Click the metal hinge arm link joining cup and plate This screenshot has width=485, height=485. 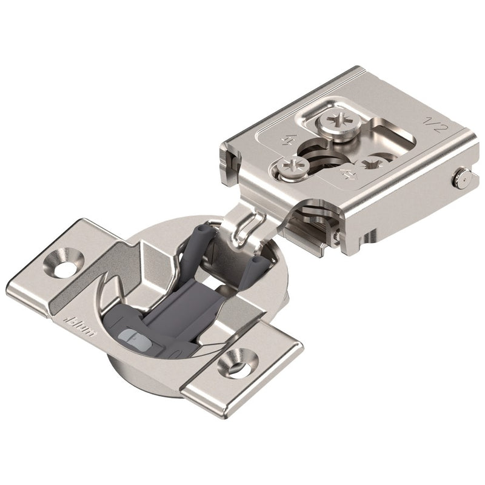point(242,224)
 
